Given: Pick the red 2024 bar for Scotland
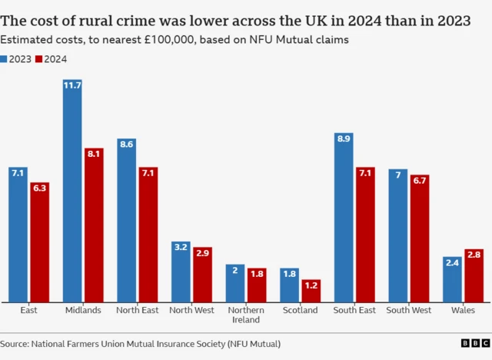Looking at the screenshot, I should coord(311,291).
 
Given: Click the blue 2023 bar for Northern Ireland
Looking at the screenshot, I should coord(235,283).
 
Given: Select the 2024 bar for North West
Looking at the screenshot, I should coord(202,275).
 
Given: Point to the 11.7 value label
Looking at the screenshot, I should coord(72,85).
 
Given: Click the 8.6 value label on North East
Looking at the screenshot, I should coord(127,144).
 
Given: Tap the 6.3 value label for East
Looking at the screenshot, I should coord(39,188).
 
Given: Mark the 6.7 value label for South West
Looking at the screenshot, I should coord(420,180).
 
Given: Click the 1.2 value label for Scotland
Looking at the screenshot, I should coord(311,285).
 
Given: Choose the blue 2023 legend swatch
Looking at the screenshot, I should coord(5,58).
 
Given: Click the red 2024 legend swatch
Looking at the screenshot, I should coord(40,58).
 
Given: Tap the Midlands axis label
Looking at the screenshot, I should coord(83,310).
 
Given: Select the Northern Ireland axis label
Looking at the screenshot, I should coord(246,315).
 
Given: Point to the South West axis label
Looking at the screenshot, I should coord(409,310).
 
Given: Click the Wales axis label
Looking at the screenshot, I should coord(464,310).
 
